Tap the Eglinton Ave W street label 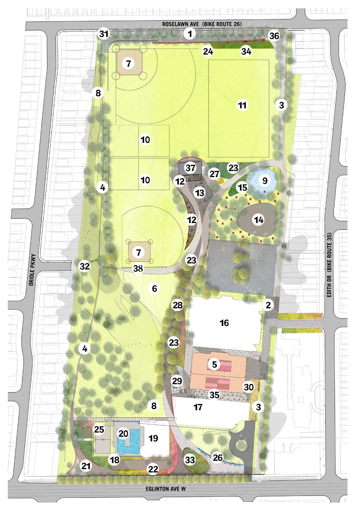pos(166,489)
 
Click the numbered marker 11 pos(242,105)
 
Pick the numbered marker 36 pos(274,35)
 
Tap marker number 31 pos(104,34)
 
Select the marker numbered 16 pos(224,323)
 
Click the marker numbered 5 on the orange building pos(214,364)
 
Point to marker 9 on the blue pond pos(265,181)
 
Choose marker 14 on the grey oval pos(259,220)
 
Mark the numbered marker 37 pos(191,168)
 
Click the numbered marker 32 pos(85,266)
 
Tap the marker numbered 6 pos(154,288)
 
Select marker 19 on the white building pos(153,438)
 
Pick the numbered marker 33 pos(190,459)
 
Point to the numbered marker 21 pos(86,466)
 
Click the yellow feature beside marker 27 pos(221,181)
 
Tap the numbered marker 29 pos(177,381)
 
